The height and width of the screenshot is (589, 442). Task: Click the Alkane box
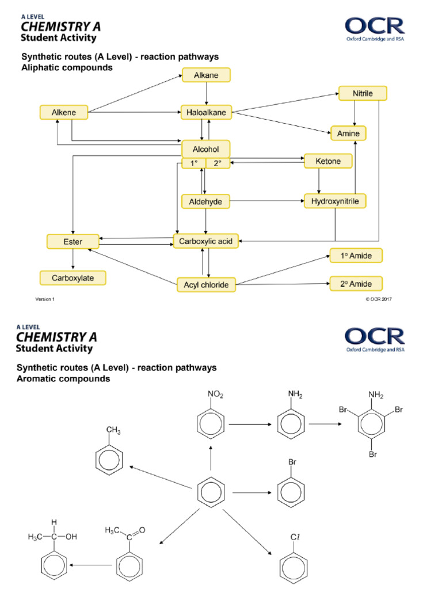(207, 75)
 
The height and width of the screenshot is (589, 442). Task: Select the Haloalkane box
(207, 113)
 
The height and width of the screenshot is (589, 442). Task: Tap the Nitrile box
(362, 93)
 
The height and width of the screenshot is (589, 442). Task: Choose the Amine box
(348, 133)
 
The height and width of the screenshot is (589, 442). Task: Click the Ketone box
(327, 162)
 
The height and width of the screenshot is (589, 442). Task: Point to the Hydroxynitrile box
(335, 201)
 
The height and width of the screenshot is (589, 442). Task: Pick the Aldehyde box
(205, 201)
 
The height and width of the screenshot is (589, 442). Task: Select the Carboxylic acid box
(205, 242)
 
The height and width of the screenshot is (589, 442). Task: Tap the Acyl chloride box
(206, 284)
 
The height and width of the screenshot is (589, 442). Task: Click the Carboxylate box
(74, 278)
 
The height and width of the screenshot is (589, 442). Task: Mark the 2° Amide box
(355, 284)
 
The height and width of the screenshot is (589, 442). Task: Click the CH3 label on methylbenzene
(114, 430)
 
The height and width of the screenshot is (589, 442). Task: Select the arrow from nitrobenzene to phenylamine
(250, 424)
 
